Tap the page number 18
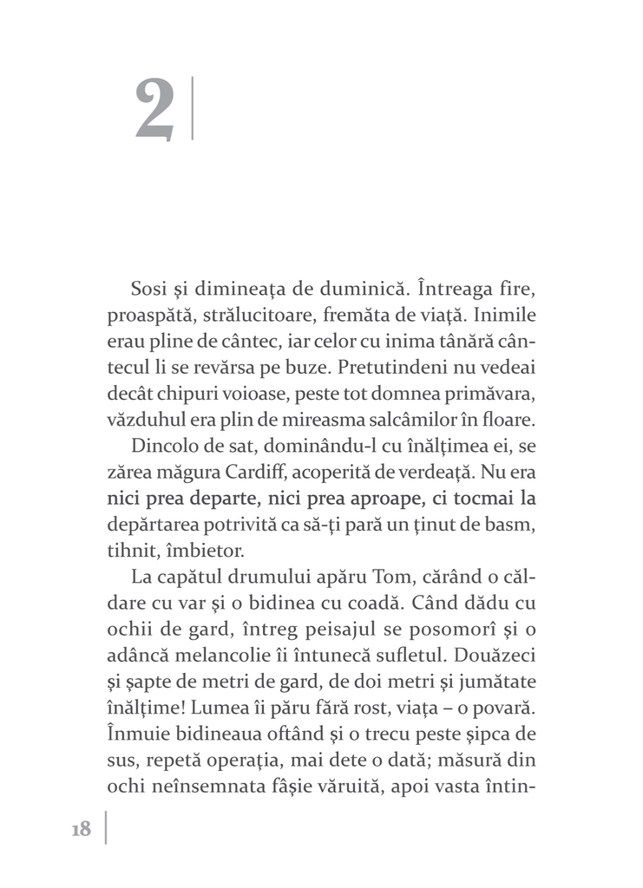(81, 829)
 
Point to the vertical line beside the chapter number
(191, 108)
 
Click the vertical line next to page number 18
(106, 827)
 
